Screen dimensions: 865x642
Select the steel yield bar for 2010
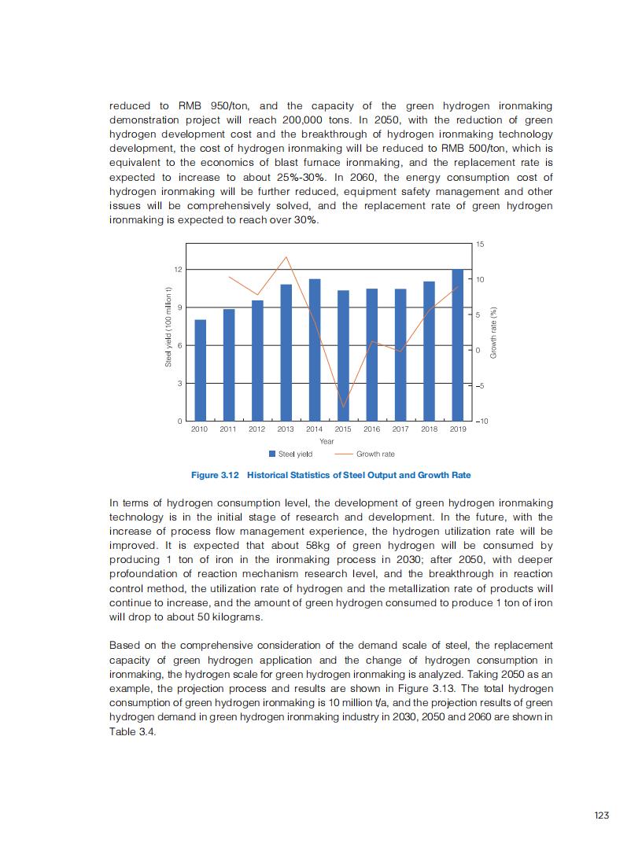coord(200,370)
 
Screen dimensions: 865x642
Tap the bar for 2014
coord(314,350)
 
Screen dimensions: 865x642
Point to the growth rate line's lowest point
coord(343,407)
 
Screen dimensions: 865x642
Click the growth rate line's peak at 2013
coord(286,257)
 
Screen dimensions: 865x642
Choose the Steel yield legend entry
coord(291,454)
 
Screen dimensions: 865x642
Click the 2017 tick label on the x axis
coord(400,429)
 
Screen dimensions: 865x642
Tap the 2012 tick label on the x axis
coord(256,429)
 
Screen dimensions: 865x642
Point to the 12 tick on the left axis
coord(178,270)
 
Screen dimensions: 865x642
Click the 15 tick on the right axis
coord(481,245)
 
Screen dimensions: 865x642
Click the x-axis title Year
coord(327,441)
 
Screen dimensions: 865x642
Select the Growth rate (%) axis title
coord(493,333)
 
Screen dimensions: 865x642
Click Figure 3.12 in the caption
coord(216,475)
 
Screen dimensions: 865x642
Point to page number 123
coord(601,815)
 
